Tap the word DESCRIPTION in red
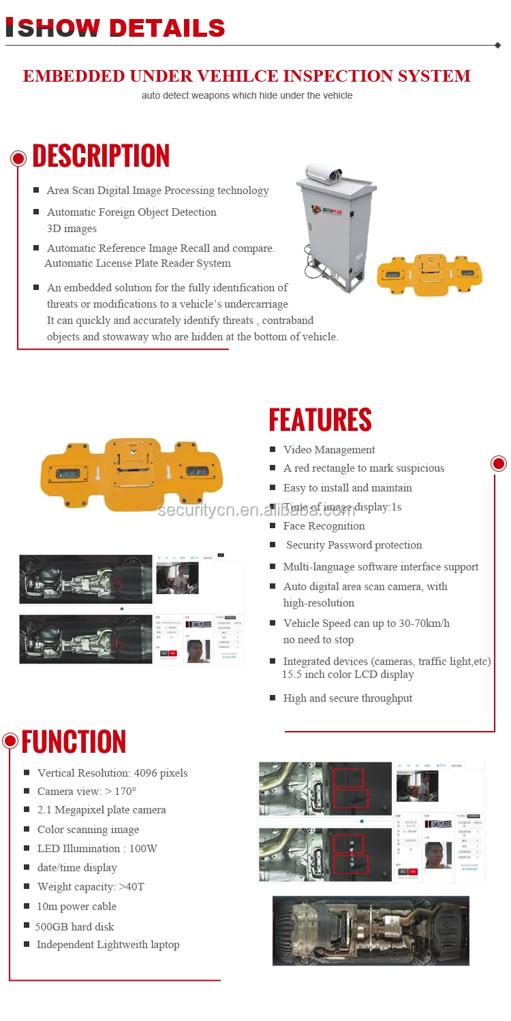(x=101, y=156)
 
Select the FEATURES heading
(x=320, y=420)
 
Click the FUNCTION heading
(x=74, y=742)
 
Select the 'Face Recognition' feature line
(x=324, y=526)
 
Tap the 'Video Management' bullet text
(x=329, y=450)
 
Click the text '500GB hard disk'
(x=75, y=926)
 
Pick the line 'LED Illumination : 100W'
(x=97, y=849)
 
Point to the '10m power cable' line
(x=76, y=907)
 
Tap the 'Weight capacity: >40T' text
(x=91, y=887)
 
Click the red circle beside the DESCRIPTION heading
(x=18, y=159)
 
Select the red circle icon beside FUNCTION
(x=10, y=741)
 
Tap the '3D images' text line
(x=72, y=229)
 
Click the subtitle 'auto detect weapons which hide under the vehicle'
(x=247, y=95)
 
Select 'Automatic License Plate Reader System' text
(x=138, y=263)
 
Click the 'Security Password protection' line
(x=354, y=545)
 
